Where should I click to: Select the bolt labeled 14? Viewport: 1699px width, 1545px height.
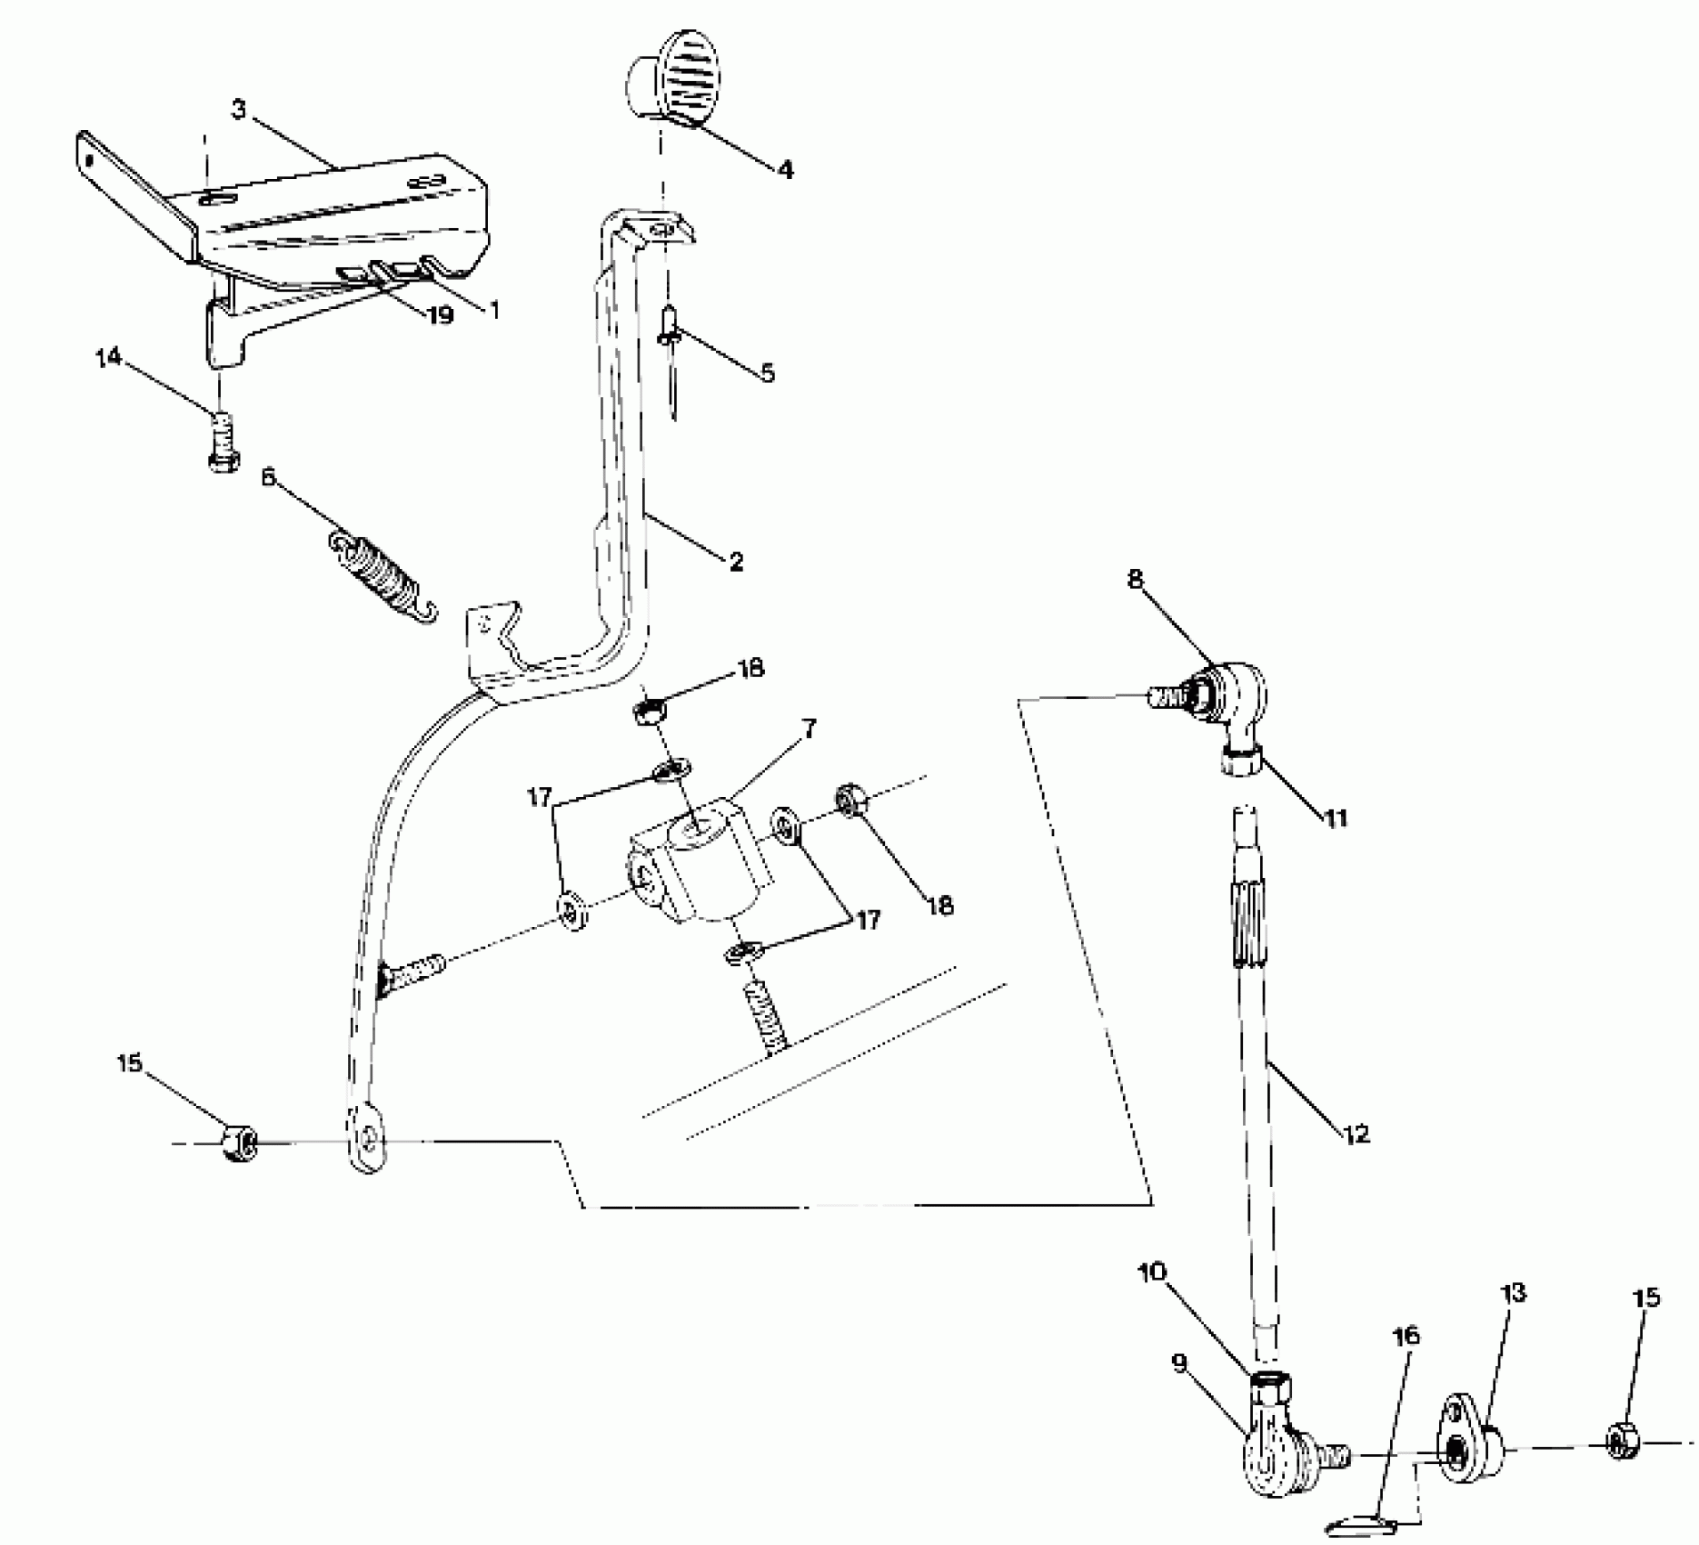[222, 443]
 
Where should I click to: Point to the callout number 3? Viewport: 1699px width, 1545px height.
[238, 110]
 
